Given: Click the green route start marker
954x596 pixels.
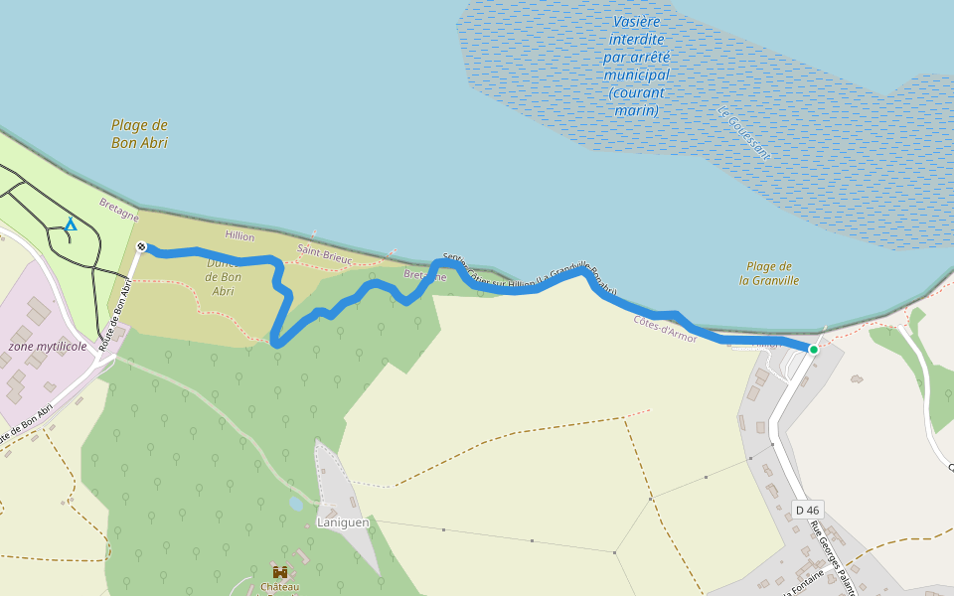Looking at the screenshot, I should click(813, 349).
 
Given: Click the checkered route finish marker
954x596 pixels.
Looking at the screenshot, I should click(141, 246).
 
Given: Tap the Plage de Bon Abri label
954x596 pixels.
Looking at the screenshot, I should click(139, 134).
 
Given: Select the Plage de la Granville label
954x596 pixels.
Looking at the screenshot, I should click(769, 273).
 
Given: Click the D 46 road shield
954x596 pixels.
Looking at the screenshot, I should click(808, 510).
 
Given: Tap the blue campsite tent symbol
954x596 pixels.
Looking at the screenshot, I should click(71, 225).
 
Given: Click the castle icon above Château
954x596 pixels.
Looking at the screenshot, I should click(280, 572).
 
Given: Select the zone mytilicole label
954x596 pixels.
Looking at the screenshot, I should click(48, 346).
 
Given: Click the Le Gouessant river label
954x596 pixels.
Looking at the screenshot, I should click(743, 133).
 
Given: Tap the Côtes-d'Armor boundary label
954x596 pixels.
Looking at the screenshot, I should click(665, 329).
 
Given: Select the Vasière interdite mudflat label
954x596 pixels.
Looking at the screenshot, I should click(636, 66).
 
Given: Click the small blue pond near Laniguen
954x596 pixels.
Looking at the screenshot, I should click(296, 504).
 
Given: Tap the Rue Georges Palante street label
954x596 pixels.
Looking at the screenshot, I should click(833, 551).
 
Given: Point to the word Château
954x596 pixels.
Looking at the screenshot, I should click(280, 587).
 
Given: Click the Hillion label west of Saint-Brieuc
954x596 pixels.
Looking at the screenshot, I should click(239, 236).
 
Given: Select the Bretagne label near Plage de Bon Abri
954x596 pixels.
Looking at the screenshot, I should click(119, 209).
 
